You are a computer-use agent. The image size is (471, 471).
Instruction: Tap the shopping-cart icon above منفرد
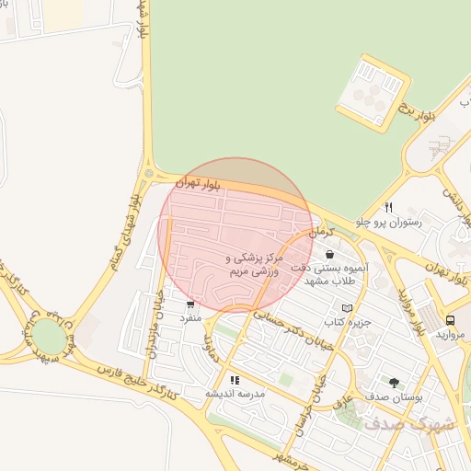click(x=190, y=304)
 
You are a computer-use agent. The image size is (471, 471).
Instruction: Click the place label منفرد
click(x=190, y=317)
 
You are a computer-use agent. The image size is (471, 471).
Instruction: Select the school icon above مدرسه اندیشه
click(x=235, y=379)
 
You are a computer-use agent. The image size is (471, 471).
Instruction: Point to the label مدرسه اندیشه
click(x=235, y=393)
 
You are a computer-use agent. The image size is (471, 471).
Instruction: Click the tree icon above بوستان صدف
click(x=395, y=382)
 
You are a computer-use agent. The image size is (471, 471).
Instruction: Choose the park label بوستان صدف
click(x=395, y=396)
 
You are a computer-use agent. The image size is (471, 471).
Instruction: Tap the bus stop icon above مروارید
click(x=450, y=320)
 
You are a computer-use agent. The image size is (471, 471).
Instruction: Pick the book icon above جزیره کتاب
click(x=347, y=308)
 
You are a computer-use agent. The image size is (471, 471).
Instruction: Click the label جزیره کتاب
click(x=347, y=322)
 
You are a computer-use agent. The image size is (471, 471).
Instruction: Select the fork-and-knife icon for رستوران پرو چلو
click(x=389, y=207)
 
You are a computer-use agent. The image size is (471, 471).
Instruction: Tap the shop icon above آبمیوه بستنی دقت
click(x=329, y=254)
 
